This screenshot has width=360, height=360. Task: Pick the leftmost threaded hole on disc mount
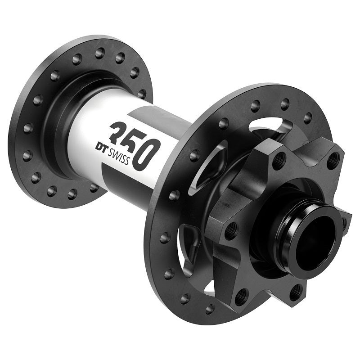[x=231, y=231]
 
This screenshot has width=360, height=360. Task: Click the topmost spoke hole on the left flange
[x=100, y=53]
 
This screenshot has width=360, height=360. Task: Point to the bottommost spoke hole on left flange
[x=72, y=194]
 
